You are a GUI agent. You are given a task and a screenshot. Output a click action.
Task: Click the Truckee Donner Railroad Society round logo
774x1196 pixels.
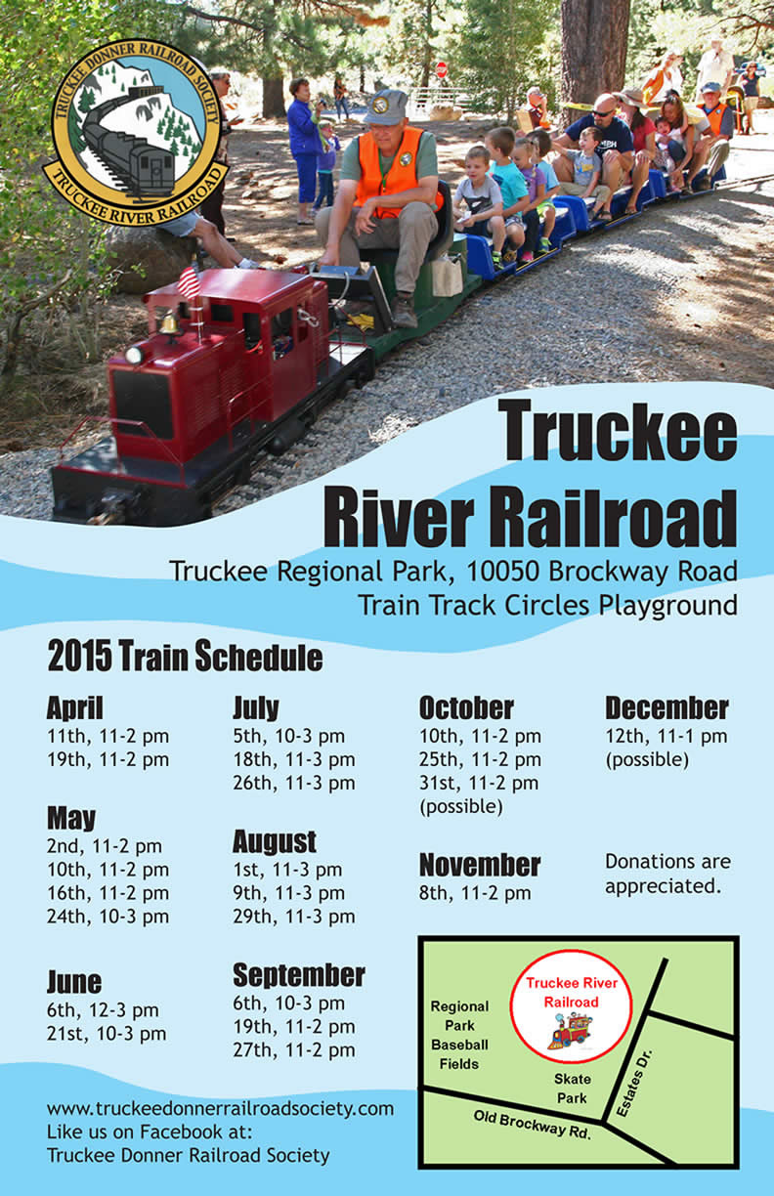tap(135, 131)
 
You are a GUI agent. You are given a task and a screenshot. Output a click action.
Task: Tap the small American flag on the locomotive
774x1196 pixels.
tap(188, 282)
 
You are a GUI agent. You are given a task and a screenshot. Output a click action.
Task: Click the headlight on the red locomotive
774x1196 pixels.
tap(134, 355)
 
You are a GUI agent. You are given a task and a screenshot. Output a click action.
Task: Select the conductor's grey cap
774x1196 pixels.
tap(386, 107)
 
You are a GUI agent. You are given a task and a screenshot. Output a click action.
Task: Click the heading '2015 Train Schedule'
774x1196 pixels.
tap(185, 656)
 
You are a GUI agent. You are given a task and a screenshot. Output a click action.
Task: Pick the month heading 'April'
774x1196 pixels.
tap(75, 708)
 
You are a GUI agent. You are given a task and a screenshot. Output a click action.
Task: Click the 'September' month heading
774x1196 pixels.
tap(299, 975)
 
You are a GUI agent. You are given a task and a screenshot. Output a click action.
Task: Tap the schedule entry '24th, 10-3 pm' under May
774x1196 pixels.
tap(107, 917)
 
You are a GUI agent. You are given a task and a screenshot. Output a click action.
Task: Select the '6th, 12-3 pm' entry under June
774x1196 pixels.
tap(103, 1010)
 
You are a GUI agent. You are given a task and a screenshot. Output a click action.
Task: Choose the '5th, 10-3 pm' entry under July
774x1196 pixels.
tap(289, 737)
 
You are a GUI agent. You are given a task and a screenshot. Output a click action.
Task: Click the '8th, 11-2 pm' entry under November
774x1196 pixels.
tap(475, 893)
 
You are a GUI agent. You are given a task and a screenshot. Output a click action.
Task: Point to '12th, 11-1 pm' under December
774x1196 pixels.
tap(666, 737)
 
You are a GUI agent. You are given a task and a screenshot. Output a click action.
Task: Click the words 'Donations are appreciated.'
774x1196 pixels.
tap(667, 874)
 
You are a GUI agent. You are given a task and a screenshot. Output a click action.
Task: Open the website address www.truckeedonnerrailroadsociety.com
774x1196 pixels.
tap(220, 1108)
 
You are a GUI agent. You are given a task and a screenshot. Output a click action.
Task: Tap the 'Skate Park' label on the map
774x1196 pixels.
tap(572, 1089)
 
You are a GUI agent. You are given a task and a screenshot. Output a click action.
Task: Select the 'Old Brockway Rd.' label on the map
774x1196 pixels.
tap(532, 1125)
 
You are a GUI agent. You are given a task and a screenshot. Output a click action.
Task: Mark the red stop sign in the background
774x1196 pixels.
tap(441, 68)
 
